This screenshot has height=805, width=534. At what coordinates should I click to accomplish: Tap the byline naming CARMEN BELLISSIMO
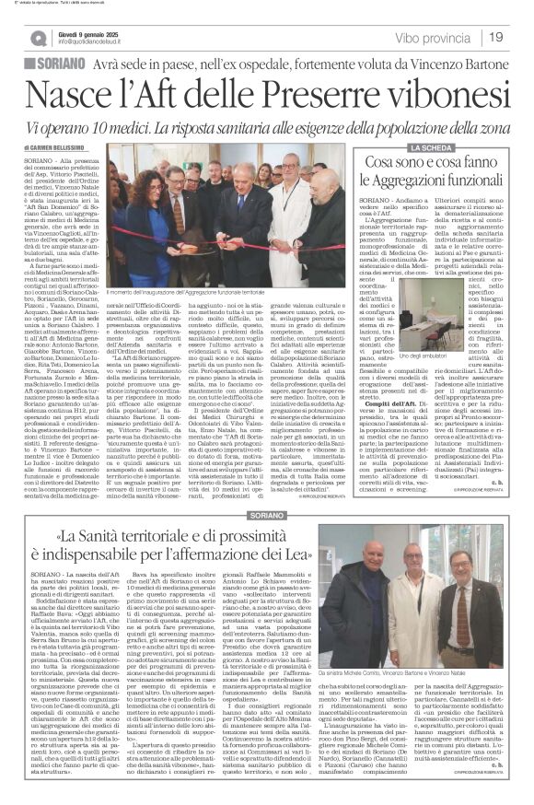(73, 146)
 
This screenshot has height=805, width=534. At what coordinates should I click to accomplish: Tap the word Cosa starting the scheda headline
(375, 169)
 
